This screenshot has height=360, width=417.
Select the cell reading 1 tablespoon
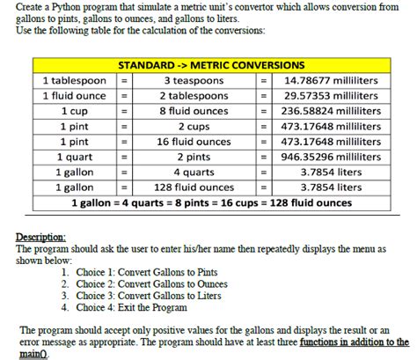(74, 80)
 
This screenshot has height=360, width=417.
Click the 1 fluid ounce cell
(74, 95)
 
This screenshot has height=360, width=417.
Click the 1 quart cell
(74, 157)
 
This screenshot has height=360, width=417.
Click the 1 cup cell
(74, 111)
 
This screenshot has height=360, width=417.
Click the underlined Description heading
(40, 238)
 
